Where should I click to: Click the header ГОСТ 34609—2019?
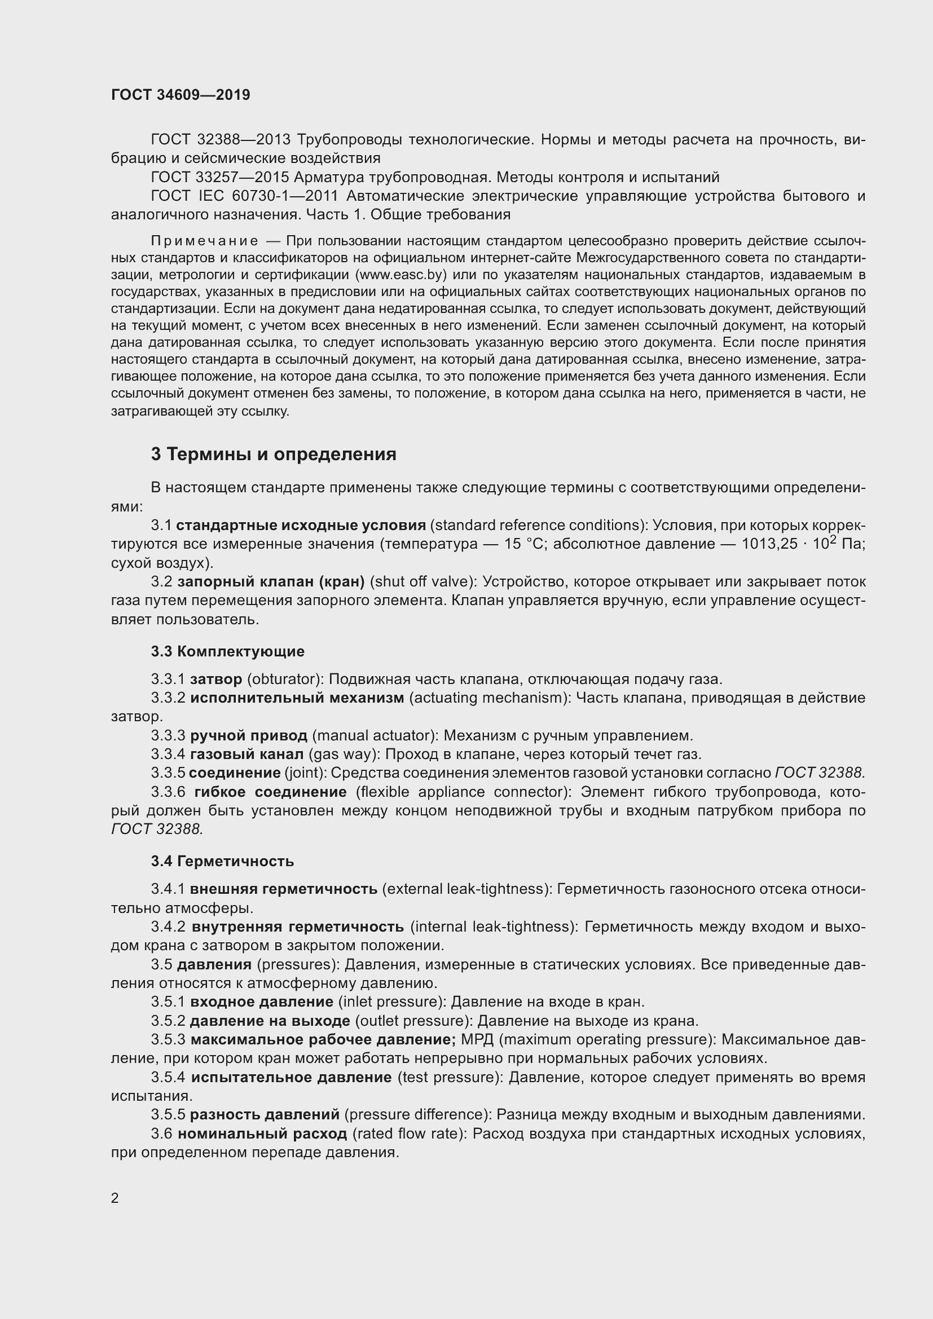click(181, 95)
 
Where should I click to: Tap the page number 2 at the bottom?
click(115, 1198)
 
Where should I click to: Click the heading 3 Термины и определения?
click(274, 455)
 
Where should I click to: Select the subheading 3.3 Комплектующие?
click(227, 651)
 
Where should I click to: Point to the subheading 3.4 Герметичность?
click(222, 861)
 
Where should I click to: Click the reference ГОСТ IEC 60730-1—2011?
click(244, 196)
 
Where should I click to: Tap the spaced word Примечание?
click(204, 240)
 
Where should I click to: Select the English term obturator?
click(283, 679)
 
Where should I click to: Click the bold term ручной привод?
click(249, 735)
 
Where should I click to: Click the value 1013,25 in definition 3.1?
click(765, 544)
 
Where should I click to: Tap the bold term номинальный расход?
click(262, 1133)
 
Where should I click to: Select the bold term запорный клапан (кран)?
click(271, 582)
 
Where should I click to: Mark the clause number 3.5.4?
click(168, 1077)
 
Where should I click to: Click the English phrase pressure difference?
click(417, 1114)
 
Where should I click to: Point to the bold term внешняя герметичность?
click(283, 889)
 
